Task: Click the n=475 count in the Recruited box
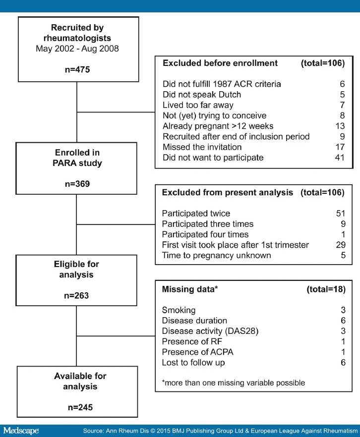pyautogui.click(x=77, y=69)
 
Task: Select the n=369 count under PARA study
pyautogui.click(x=77, y=184)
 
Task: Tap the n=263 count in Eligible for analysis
pyautogui.click(x=76, y=295)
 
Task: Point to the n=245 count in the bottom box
pyautogui.click(x=80, y=407)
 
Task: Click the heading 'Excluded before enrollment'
pyautogui.click(x=220, y=63)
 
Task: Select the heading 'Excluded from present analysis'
pyautogui.click(x=227, y=192)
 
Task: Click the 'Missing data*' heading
pyautogui.click(x=189, y=289)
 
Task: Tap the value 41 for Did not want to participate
pyautogui.click(x=340, y=158)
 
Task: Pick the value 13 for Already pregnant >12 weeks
pyautogui.click(x=340, y=126)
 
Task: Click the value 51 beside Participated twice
pyautogui.click(x=341, y=213)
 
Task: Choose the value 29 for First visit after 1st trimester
pyautogui.click(x=341, y=245)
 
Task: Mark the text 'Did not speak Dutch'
pyautogui.click(x=202, y=95)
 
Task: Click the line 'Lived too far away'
pyautogui.click(x=198, y=105)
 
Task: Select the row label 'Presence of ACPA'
pyautogui.click(x=197, y=352)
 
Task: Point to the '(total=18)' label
pyautogui.click(x=326, y=289)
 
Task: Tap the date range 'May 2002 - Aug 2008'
pyautogui.click(x=77, y=49)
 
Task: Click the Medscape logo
pyautogui.click(x=21, y=431)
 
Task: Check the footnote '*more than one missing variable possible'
pyautogui.click(x=234, y=382)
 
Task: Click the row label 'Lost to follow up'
pyautogui.click(x=193, y=363)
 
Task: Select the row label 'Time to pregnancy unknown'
pyautogui.click(x=216, y=255)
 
